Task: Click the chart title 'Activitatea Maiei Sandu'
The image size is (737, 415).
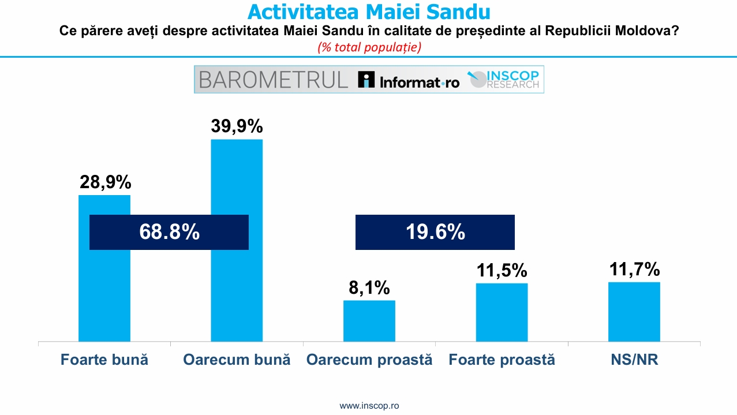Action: click(x=369, y=12)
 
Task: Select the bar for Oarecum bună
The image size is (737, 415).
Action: click(x=237, y=240)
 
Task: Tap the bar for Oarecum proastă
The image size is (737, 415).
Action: click(x=369, y=321)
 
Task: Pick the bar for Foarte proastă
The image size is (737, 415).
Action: click(x=502, y=312)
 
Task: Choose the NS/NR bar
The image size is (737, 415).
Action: click(x=634, y=312)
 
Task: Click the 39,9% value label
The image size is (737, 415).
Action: click(x=237, y=126)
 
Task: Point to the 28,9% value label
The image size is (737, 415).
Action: click(x=105, y=182)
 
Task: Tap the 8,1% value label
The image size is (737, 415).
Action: click(x=369, y=287)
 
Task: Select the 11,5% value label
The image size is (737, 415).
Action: click(x=502, y=270)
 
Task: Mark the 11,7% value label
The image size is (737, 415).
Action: click(x=634, y=269)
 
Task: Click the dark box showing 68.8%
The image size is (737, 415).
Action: click(x=169, y=232)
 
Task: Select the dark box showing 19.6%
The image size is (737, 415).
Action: click(x=435, y=232)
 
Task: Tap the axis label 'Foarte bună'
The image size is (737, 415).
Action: click(x=104, y=360)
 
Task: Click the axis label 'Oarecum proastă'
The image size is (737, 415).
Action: click(x=369, y=360)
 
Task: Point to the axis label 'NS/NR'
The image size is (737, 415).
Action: click(x=634, y=360)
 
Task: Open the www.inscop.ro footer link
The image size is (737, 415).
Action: click(x=369, y=405)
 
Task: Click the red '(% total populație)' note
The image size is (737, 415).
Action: click(x=369, y=47)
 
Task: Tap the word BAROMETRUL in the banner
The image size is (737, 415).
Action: click(x=274, y=80)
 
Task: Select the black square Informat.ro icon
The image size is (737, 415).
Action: click(x=366, y=79)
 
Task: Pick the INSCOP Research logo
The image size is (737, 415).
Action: click(x=503, y=80)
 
